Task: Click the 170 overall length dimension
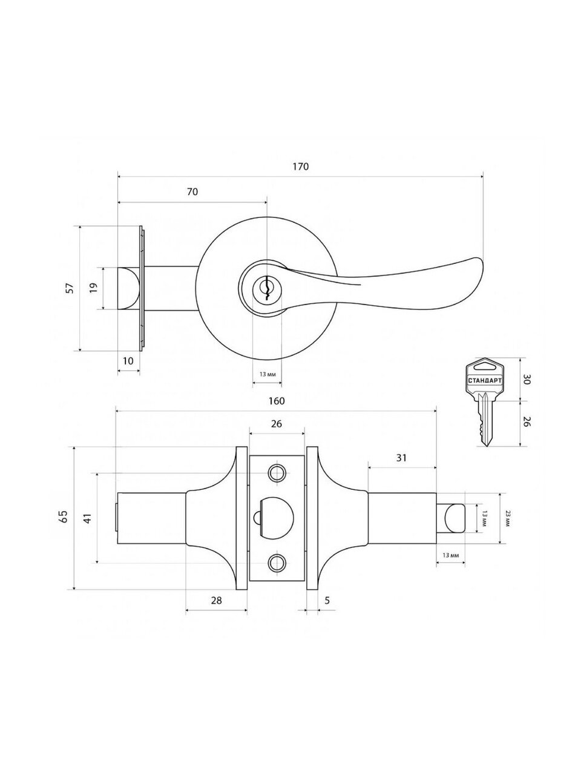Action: [x=301, y=167]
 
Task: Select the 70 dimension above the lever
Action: [x=192, y=192]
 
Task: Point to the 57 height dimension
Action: [x=69, y=288]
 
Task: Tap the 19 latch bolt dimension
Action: [x=93, y=288]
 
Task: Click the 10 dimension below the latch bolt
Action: [x=128, y=361]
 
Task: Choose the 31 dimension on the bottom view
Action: [x=401, y=458]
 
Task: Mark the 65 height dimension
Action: [x=63, y=517]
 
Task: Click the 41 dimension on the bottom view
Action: [x=87, y=518]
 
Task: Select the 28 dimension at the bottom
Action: [x=217, y=601]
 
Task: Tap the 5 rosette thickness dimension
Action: [x=327, y=601]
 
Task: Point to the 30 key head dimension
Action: [x=527, y=380]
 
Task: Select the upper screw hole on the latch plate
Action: [x=277, y=472]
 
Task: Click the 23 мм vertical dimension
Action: [x=508, y=518]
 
